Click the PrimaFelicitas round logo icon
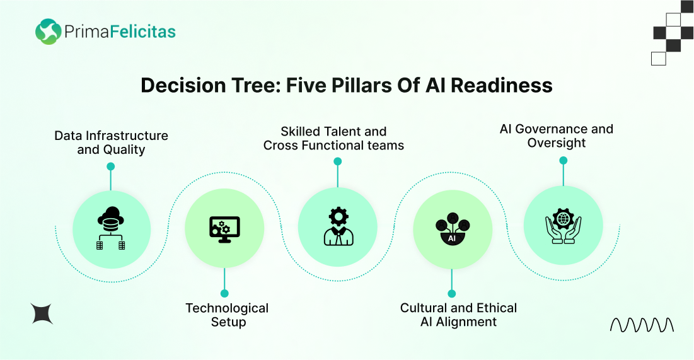click(x=49, y=32)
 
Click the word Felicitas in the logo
click(x=142, y=32)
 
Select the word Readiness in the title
click(x=502, y=85)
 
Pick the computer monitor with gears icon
click(x=224, y=229)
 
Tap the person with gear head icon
click(x=338, y=226)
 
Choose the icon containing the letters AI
click(x=453, y=229)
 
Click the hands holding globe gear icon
click(x=563, y=226)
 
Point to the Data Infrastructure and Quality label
click(x=111, y=142)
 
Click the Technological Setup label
click(x=227, y=315)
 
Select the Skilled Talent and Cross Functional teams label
click(x=333, y=138)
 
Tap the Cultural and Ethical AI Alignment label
click(x=458, y=315)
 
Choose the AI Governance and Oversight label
click(x=557, y=136)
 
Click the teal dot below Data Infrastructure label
click(x=111, y=166)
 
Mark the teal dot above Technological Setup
click(x=224, y=293)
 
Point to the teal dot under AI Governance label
click(x=563, y=161)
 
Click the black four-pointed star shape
click(x=42, y=313)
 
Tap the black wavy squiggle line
click(x=642, y=325)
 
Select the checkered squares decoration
click(x=673, y=33)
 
